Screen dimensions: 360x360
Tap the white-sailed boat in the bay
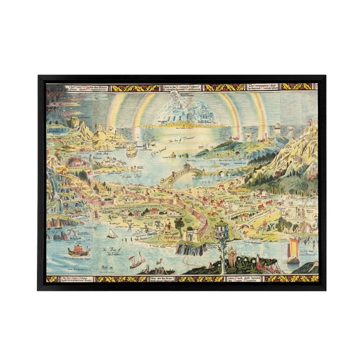113,234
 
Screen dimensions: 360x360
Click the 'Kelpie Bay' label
119,177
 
